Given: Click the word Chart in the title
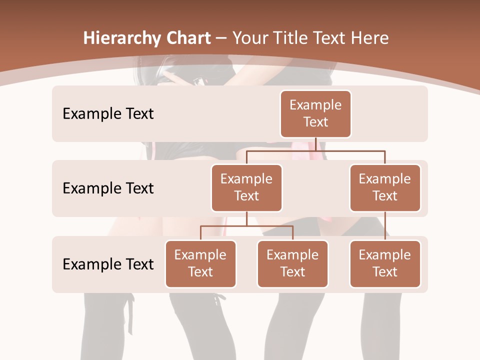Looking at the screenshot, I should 187,38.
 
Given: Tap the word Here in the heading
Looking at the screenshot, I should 368,38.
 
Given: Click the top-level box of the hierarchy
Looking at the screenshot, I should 315,114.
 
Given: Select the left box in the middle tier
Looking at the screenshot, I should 246,188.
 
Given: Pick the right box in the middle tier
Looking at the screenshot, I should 385,188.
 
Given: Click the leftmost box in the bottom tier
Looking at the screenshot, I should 200,264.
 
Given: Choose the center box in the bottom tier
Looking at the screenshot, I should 292,264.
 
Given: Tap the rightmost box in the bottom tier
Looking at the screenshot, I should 385,264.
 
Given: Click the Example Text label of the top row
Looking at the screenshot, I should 108,114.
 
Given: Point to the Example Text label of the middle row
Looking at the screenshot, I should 108,188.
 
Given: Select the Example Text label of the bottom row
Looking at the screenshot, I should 108,264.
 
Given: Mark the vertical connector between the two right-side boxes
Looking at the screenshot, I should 385,226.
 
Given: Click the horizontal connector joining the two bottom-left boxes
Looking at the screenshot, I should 246,226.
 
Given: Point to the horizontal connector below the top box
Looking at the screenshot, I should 315,150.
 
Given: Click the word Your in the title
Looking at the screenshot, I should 250,38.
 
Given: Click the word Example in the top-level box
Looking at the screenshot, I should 315,105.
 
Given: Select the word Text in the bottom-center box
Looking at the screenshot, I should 292,272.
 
